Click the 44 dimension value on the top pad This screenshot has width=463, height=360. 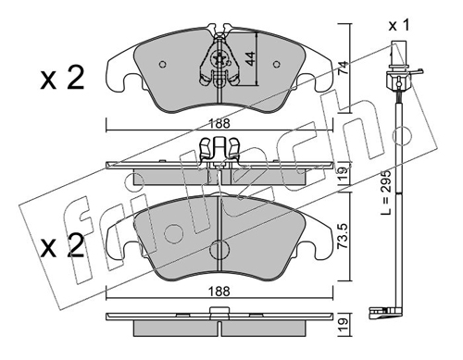[251, 58]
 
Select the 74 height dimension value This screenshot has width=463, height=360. [344, 68]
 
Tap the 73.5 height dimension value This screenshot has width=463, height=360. [344, 237]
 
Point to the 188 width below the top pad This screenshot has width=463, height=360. [220, 124]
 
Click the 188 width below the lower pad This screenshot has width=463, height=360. [219, 292]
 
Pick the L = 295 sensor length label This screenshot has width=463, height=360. [386, 192]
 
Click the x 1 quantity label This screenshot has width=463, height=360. [399, 25]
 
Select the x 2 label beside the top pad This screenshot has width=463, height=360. [62, 78]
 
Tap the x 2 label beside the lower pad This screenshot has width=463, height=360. [62, 245]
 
